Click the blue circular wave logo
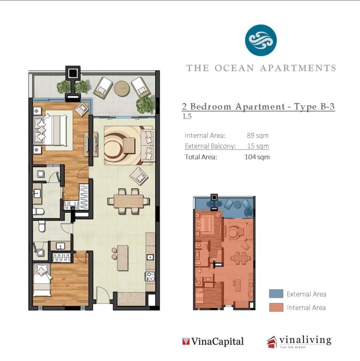point(261,40)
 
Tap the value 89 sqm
point(257,135)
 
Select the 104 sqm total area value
point(257,157)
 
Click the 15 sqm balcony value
point(258,146)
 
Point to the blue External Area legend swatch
point(276,294)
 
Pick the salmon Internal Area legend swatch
point(276,307)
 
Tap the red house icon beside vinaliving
point(272,342)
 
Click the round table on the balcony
point(122,88)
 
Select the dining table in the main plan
point(128,201)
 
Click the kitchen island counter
point(123,258)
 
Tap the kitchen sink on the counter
point(150,257)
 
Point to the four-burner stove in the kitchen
point(150,277)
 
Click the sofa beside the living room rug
point(147,146)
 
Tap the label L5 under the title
point(187,117)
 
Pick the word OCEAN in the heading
point(234,68)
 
